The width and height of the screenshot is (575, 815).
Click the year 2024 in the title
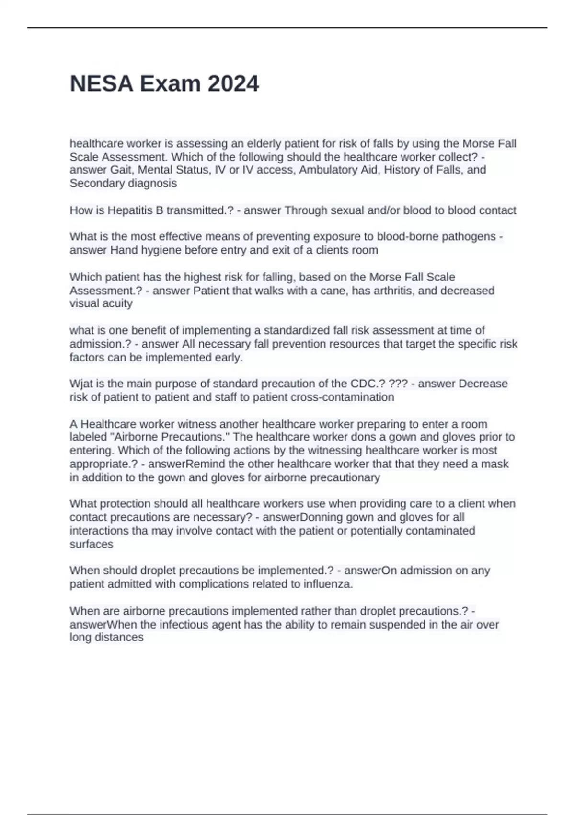click(233, 84)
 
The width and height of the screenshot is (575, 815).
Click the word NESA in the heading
click(102, 84)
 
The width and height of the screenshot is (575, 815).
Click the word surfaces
click(92, 544)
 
